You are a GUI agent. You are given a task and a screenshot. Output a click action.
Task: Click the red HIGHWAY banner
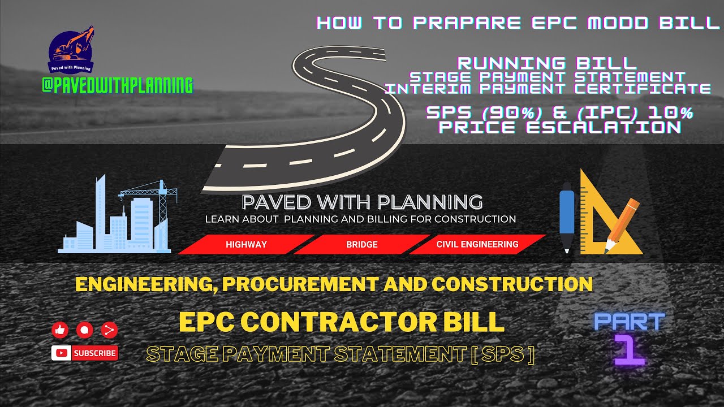pos(246,245)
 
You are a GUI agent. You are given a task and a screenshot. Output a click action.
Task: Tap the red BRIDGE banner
pos(362,245)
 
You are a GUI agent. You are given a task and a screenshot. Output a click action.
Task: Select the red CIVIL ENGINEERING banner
pos(477,244)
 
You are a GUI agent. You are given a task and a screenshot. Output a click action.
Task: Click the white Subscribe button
pos(85,353)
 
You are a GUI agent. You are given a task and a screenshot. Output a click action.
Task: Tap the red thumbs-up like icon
pos(60,330)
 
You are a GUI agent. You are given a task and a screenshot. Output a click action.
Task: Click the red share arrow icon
pos(109,330)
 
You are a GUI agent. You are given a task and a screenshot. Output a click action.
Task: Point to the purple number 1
pos(629,350)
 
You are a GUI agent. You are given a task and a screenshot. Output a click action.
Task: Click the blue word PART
pos(629,322)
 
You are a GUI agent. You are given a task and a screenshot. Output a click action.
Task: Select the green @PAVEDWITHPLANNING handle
pos(117,85)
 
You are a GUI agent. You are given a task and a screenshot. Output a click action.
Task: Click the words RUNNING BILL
pos(547,63)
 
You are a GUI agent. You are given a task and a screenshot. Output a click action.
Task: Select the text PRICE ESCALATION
pos(560,127)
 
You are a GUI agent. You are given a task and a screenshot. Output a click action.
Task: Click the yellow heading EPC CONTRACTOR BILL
pos(341,322)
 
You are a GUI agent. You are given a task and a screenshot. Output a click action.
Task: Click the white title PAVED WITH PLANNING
pos(362,202)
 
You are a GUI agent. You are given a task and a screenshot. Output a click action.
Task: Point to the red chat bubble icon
pos(85,330)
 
